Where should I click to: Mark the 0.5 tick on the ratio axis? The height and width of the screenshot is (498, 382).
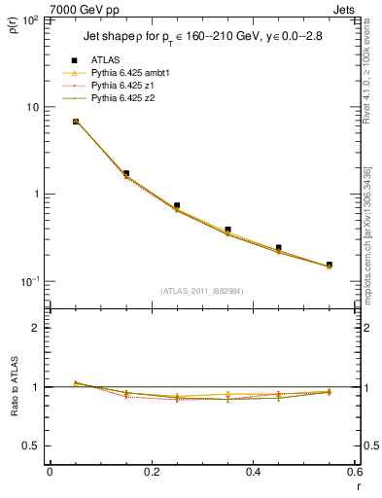[32, 445]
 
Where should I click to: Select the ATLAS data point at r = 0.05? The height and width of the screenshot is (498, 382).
[76, 122]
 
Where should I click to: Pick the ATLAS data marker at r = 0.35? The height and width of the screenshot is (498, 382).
[227, 230]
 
